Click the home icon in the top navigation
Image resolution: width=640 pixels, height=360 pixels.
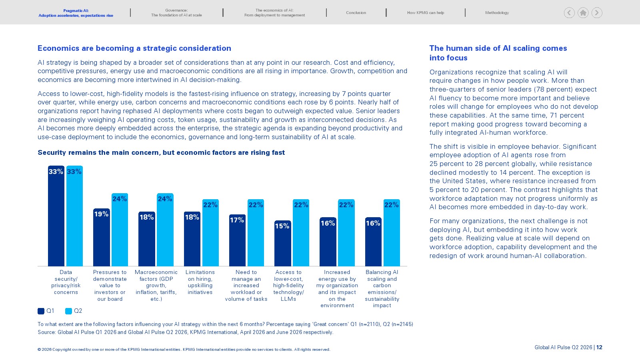pos(583,13)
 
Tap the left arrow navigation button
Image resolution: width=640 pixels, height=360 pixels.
pos(569,13)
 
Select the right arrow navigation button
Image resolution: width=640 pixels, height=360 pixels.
pos(596,13)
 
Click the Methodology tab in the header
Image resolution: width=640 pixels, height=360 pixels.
pos(497,12)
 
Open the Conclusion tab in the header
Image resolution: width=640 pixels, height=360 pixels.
pos(356,12)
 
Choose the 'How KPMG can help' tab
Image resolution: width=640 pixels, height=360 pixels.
pos(426,12)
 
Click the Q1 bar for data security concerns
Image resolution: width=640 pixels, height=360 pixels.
pos(56,216)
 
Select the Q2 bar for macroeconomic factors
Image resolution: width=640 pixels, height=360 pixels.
pos(165,230)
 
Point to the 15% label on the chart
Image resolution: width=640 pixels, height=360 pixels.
pos(282,226)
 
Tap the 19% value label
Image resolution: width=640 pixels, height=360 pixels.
pos(101,214)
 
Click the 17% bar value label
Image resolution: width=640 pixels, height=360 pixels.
pos(237,220)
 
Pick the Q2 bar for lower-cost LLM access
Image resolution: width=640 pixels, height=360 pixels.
pos(301,232)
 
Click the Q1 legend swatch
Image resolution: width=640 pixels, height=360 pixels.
pos(41,311)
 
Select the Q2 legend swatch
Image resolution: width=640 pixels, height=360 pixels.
pos(68,311)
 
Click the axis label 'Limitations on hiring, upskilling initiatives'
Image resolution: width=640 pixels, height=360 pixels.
pos(200,282)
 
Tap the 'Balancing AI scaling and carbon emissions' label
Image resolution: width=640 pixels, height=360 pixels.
pos(382,288)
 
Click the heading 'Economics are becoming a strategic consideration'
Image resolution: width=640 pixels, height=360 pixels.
pos(134,48)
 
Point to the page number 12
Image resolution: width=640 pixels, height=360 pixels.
pos(599,348)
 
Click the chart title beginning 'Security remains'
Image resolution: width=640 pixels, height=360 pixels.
pos(161,152)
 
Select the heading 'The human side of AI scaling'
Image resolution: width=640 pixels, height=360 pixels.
pos(498,53)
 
